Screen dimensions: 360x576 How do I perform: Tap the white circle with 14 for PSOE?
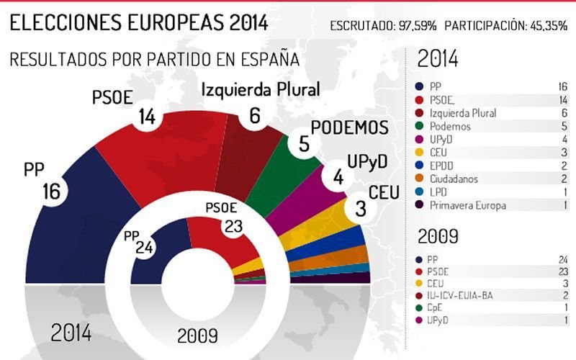(x=147, y=116)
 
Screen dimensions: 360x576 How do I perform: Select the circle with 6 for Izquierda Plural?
(x=253, y=115)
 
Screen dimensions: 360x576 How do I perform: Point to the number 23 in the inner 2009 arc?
(x=233, y=226)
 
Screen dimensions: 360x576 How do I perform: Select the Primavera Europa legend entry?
(x=469, y=205)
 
